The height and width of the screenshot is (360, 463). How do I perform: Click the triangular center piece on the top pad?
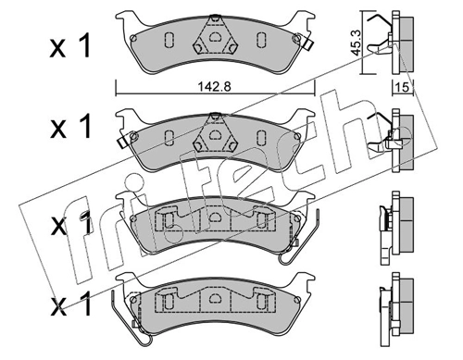(214, 41)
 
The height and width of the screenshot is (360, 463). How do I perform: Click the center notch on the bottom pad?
(214, 298)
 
